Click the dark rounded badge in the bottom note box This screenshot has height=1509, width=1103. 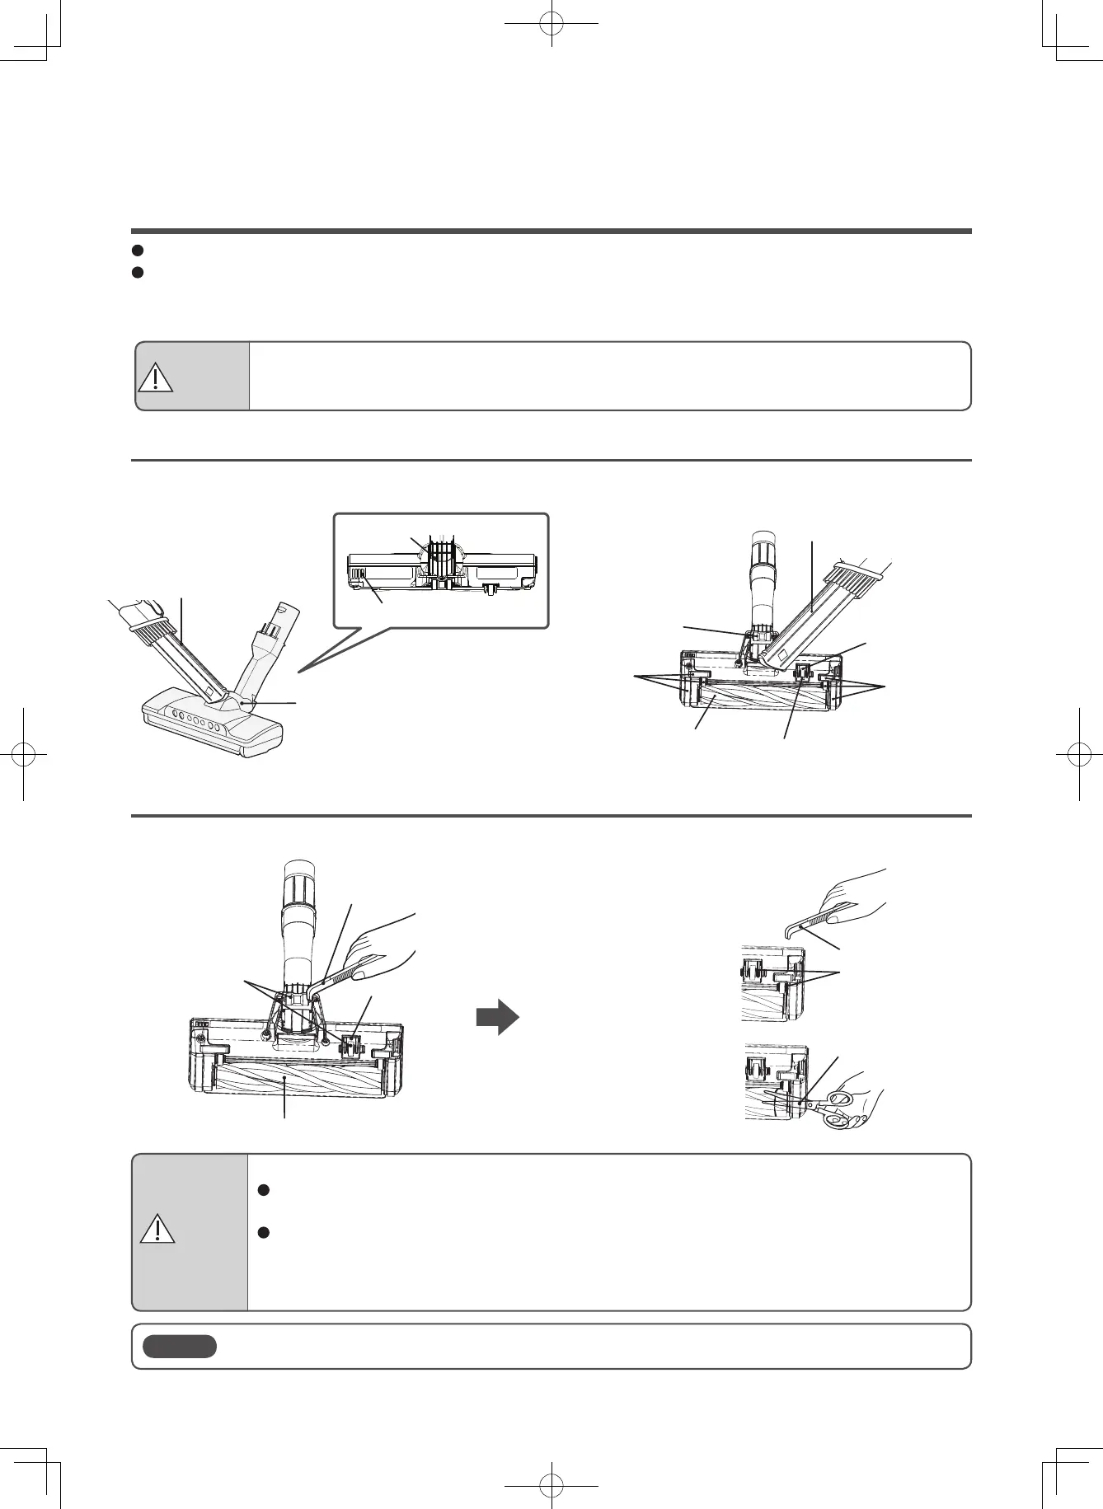click(x=180, y=1347)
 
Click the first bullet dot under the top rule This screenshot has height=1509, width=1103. click(x=138, y=250)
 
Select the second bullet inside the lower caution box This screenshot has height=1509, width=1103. click(x=262, y=1232)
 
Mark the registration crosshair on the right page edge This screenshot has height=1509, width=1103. click(x=1078, y=754)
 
